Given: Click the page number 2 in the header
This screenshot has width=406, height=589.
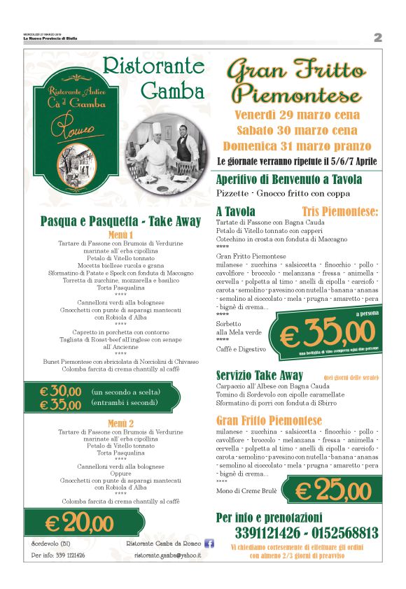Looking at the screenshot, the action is tap(377, 38).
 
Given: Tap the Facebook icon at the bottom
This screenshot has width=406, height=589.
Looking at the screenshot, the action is tap(208, 544).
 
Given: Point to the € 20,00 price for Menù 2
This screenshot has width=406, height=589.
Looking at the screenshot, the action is tap(79, 522).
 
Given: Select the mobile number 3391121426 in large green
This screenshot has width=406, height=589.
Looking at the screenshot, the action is tap(258, 533).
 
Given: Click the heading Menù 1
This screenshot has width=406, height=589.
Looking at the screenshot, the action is tap(120, 234).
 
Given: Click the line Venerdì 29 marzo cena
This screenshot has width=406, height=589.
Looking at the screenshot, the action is tap(297, 115).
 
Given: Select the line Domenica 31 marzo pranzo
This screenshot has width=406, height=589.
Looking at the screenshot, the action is tap(297, 146).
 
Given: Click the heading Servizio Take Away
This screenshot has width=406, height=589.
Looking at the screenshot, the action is tap(260, 376).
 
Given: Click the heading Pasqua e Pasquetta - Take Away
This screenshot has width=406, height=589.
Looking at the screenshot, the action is tap(120, 221).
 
